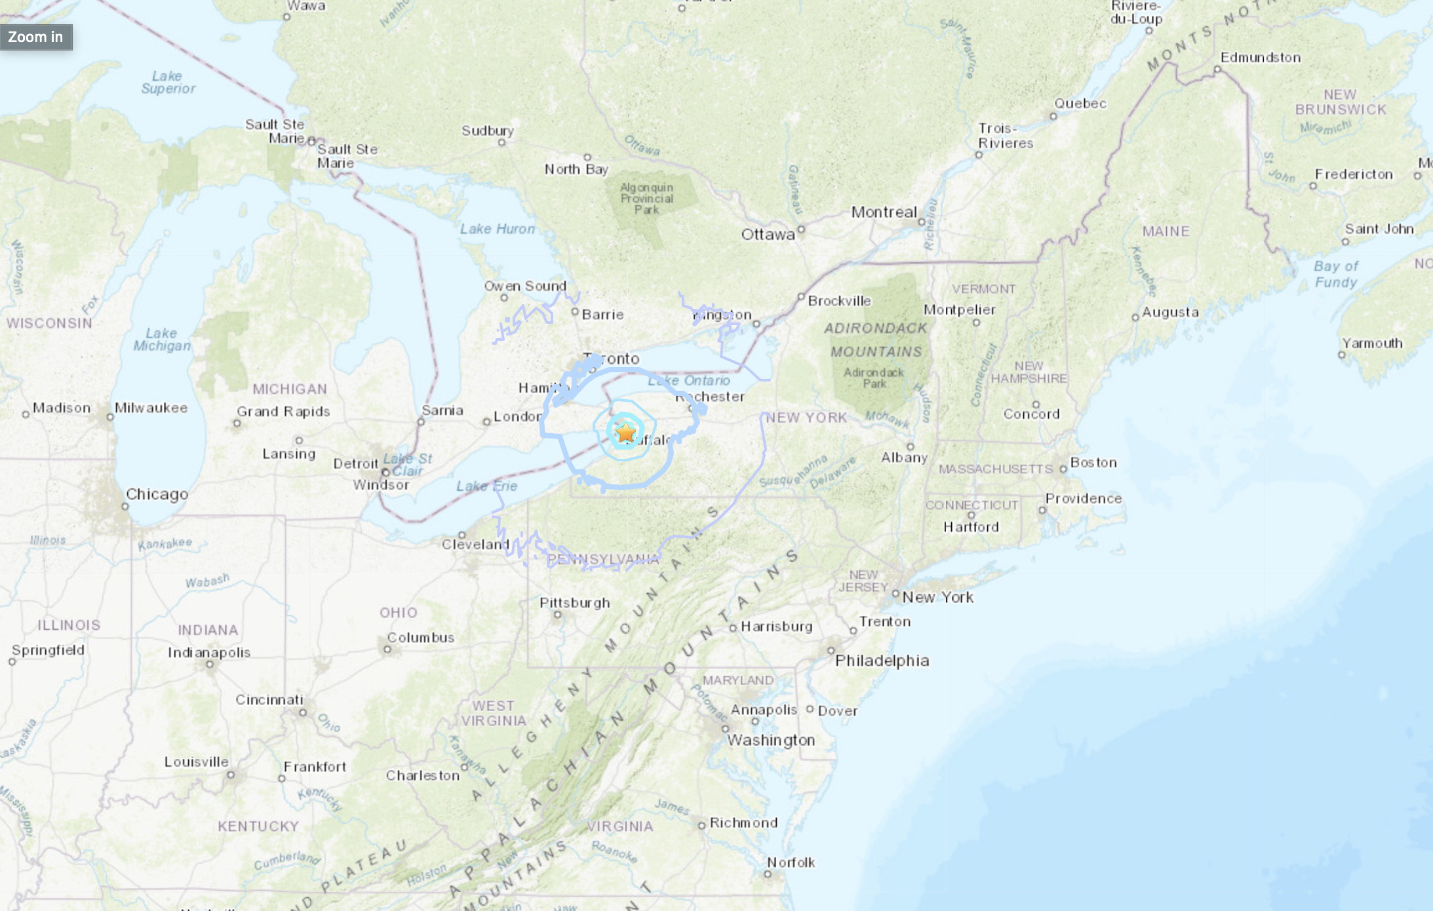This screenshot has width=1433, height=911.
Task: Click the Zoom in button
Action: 35,37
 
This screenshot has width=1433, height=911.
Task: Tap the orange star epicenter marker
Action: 626,433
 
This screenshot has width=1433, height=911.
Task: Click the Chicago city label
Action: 157,494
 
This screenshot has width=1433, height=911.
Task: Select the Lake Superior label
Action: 168,83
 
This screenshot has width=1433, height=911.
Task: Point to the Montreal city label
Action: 884,212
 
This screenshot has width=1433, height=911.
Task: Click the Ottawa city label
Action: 768,235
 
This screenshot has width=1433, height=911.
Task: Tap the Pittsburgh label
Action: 574,603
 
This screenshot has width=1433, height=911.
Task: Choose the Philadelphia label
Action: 882,661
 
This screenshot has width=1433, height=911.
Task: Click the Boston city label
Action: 1093,463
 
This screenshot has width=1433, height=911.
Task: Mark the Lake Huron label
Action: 497,229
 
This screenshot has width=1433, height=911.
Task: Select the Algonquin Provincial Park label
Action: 646,199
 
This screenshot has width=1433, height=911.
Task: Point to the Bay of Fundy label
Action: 1335,275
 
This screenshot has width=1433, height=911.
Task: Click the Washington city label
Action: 771,741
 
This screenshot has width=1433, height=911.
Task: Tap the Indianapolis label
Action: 209,653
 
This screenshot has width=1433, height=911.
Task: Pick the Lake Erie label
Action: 486,486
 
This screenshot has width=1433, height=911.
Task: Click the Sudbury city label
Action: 487,131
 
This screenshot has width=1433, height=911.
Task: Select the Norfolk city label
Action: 791,863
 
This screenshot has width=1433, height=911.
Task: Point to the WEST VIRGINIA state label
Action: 493,714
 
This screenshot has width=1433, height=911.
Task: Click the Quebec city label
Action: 1080,104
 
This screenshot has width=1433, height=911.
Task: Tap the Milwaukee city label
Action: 151,408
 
